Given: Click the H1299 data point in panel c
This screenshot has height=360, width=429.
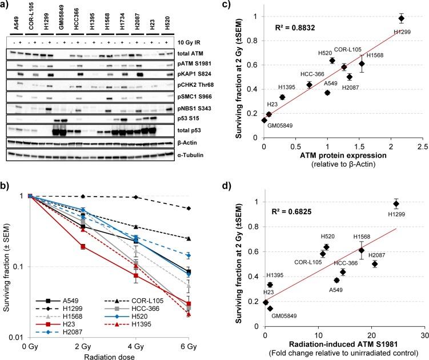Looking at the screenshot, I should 401,18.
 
